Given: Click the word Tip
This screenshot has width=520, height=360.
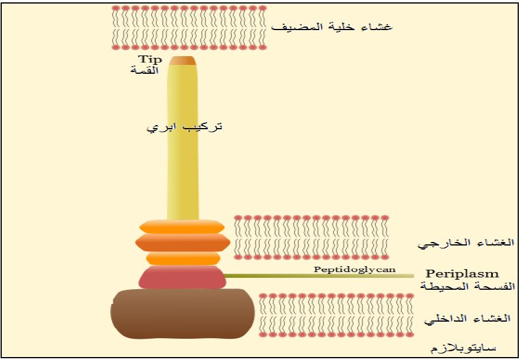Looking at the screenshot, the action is click(x=150, y=60).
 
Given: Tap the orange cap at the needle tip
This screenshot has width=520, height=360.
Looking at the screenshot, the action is click(x=182, y=61).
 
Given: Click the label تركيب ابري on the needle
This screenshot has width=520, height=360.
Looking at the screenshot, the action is click(x=184, y=127).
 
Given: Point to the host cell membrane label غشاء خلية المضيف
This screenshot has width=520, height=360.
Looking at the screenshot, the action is click(x=332, y=27).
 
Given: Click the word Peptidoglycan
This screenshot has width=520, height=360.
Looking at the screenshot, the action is click(x=355, y=269).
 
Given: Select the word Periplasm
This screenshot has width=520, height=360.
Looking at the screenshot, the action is click(x=462, y=274).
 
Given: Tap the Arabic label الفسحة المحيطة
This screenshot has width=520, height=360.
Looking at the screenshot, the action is click(x=467, y=286).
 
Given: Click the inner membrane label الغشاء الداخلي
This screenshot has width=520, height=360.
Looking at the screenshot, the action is click(x=467, y=319).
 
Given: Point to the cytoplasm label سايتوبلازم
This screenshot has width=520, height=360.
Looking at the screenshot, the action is click(x=463, y=348).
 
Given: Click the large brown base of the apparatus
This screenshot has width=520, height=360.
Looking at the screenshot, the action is click(x=182, y=314).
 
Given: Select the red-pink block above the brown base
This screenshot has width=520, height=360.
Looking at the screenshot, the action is click(x=182, y=277).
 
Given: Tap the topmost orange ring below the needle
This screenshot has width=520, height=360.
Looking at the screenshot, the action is click(x=182, y=227).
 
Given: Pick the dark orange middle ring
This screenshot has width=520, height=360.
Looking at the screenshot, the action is click(x=183, y=243).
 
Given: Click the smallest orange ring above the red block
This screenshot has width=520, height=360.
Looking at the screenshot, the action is click(x=183, y=258).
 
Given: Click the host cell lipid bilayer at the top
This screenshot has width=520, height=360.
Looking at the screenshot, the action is click(x=188, y=28).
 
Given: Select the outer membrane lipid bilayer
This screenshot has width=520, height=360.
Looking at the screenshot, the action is click(x=311, y=237).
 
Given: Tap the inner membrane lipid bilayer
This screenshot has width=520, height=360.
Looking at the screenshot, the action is click(x=336, y=315).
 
